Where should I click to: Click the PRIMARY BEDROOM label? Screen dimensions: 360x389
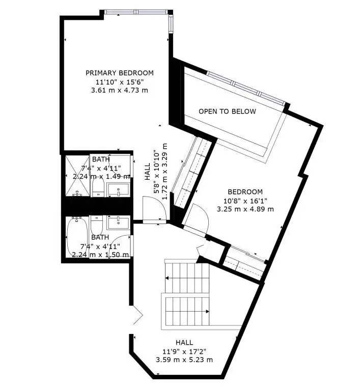119,73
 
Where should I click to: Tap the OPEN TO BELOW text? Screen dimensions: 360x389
227,112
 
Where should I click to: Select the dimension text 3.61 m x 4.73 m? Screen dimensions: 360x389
119,90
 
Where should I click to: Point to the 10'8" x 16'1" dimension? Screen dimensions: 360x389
245,201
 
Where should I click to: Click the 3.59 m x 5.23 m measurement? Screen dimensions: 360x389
184,360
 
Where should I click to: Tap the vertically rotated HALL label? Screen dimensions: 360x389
148,172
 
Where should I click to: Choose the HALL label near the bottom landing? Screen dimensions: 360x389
184,343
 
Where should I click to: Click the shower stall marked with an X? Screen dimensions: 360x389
77,175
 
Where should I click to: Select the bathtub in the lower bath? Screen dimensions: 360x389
77,237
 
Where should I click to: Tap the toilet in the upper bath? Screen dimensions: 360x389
97,187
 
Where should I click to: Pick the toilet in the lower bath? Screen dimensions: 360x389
97,225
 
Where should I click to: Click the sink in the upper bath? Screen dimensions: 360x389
118,190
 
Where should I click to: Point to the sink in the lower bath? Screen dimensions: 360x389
118,223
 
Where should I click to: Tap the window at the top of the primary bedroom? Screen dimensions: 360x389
136,12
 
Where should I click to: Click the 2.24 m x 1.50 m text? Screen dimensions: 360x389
100,255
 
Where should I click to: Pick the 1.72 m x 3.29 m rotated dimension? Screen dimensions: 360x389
164,172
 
